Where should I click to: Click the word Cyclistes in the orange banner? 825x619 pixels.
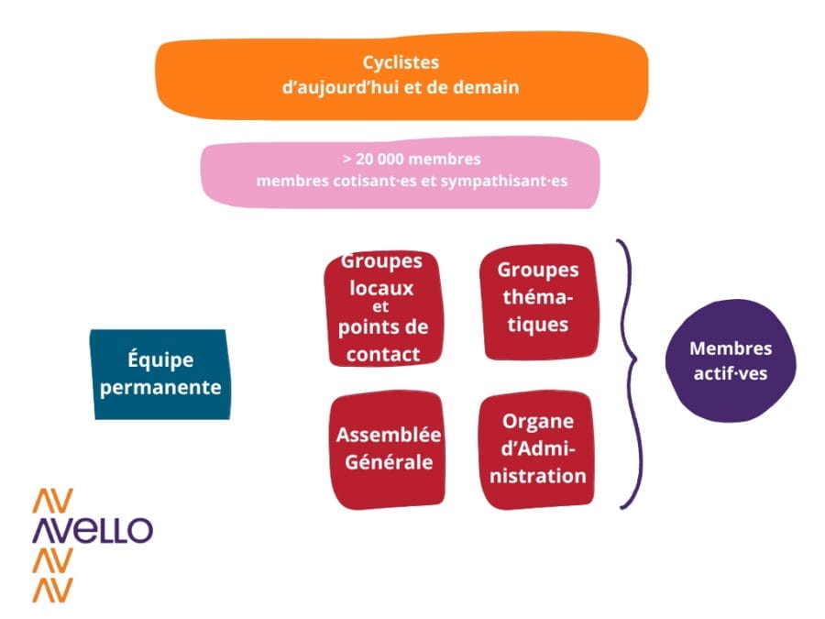(x=401, y=63)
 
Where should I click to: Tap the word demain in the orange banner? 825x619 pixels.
(x=488, y=88)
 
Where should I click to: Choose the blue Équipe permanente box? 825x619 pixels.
(x=159, y=374)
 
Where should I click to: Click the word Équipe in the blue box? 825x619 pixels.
(x=160, y=360)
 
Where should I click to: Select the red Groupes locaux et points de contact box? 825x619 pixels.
(x=382, y=308)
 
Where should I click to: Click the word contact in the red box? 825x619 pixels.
(x=383, y=353)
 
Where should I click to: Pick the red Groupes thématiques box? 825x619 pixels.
(x=538, y=301)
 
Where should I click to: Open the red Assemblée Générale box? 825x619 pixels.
(x=388, y=449)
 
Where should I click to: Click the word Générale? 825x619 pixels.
(x=389, y=462)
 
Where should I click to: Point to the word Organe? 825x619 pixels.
(x=538, y=421)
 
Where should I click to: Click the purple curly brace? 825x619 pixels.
(x=627, y=373)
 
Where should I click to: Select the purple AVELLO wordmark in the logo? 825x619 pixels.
(x=92, y=530)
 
